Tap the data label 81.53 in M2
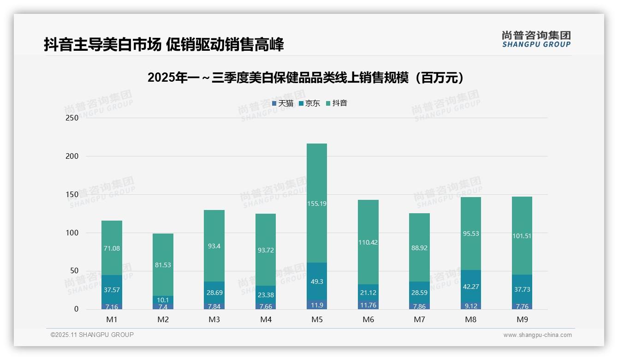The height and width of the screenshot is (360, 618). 163,265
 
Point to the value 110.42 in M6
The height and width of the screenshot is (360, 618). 368,242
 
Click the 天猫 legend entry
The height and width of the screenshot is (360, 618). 283,103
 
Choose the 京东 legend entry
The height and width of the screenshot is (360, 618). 309,103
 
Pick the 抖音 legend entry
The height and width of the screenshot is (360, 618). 337,103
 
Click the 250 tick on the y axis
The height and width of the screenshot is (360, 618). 72,118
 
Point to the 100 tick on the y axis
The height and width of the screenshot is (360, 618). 72,233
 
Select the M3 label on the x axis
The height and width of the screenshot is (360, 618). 214,319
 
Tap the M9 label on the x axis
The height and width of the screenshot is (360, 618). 522,319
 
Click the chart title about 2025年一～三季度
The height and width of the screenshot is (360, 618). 306,78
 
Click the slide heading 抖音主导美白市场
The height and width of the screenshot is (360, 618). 164,44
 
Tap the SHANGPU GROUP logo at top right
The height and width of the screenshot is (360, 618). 536,39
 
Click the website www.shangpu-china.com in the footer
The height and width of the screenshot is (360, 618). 537,335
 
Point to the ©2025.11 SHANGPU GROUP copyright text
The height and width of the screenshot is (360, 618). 92,335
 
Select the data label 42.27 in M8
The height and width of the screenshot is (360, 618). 470,287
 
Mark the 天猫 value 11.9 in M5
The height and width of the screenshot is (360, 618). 316,305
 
